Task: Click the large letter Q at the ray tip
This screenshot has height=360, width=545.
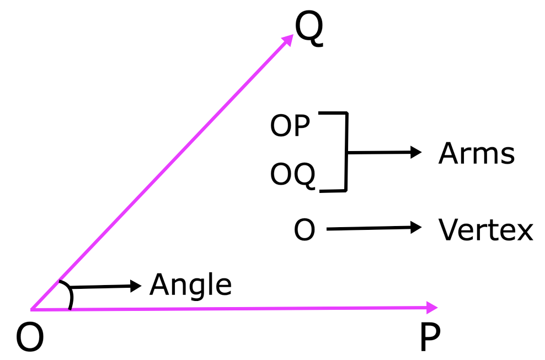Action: pyautogui.click(x=309, y=29)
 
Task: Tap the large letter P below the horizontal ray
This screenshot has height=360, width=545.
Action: pyautogui.click(x=430, y=337)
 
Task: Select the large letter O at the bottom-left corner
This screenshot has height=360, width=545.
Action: pyautogui.click(x=30, y=337)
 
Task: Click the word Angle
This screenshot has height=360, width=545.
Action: pyautogui.click(x=190, y=285)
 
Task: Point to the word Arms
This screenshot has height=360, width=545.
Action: pyautogui.click(x=477, y=153)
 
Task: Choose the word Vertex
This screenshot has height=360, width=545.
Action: pyautogui.click(x=485, y=229)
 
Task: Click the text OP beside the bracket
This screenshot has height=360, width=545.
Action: pyautogui.click(x=290, y=126)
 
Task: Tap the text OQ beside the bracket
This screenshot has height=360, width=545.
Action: pyautogui.click(x=293, y=175)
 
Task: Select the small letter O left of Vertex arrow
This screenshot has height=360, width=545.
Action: pyautogui.click(x=304, y=230)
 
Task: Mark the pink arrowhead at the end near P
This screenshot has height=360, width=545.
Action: pyautogui.click(x=432, y=308)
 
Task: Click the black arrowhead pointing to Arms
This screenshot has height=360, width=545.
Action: pyautogui.click(x=416, y=152)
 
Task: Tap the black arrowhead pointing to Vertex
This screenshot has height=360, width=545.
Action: pyautogui.click(x=416, y=227)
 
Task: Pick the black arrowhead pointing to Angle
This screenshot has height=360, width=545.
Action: pyautogui.click(x=136, y=286)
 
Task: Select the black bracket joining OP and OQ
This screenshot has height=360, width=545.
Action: pyautogui.click(x=346, y=152)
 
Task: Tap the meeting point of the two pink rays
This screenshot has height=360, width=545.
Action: pyautogui.click(x=31, y=309)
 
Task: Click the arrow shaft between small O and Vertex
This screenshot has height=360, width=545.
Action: pyautogui.click(x=369, y=228)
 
